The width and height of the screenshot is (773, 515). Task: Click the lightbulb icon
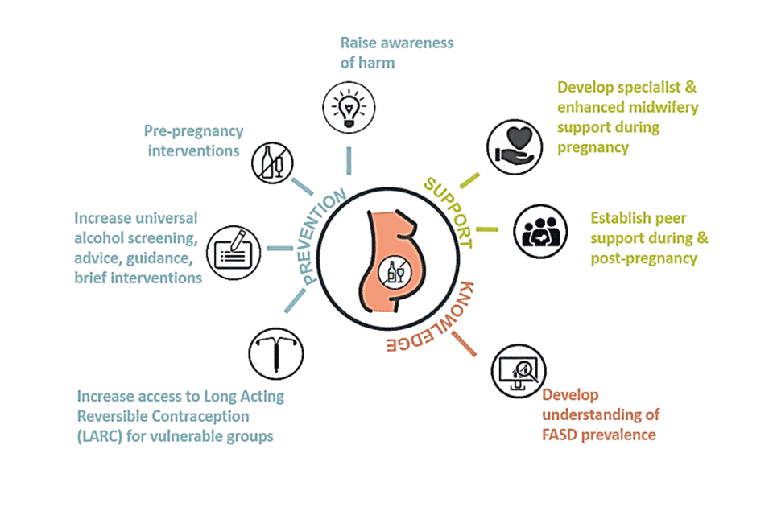[x=348, y=107]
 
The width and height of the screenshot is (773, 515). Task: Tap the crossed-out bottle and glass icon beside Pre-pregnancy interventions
[x=271, y=162]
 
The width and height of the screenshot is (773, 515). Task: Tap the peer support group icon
[x=537, y=230]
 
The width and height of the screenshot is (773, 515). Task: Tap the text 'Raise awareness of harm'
[x=396, y=52]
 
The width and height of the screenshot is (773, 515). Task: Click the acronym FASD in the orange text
[x=560, y=435]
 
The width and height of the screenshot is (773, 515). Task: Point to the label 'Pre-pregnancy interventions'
[x=193, y=140]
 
